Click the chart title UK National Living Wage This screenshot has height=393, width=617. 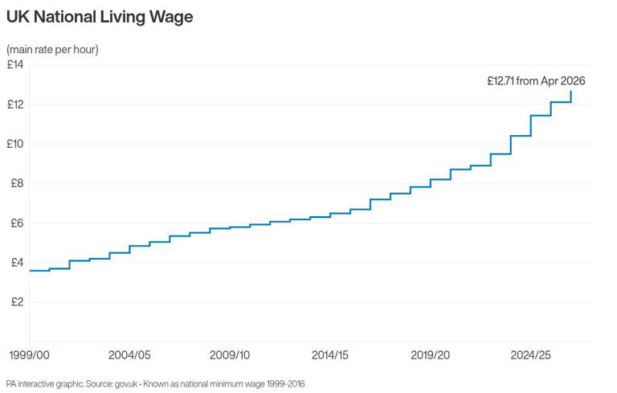click(x=100, y=16)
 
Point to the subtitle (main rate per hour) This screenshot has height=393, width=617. click(x=52, y=50)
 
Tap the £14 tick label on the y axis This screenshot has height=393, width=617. click(x=16, y=64)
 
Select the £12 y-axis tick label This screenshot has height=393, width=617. click(x=16, y=104)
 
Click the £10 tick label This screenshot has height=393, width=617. click(x=16, y=144)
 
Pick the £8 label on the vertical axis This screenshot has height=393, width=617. click(x=16, y=183)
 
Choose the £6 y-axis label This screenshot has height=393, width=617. click(x=16, y=223)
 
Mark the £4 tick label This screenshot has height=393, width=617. click(x=16, y=263)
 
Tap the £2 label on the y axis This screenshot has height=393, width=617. click(x=16, y=302)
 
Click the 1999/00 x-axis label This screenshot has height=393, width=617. click(x=30, y=354)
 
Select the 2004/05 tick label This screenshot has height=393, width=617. click(x=129, y=354)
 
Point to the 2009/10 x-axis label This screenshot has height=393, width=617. click(x=230, y=354)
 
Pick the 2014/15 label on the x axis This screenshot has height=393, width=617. click(x=330, y=354)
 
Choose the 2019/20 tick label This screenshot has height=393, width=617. click(x=430, y=354)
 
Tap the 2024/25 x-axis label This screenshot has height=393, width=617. click(x=530, y=354)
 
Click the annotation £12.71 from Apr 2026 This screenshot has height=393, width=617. click(x=536, y=80)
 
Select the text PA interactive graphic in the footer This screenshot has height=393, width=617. click(x=44, y=383)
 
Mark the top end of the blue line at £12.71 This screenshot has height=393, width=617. click(x=571, y=92)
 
